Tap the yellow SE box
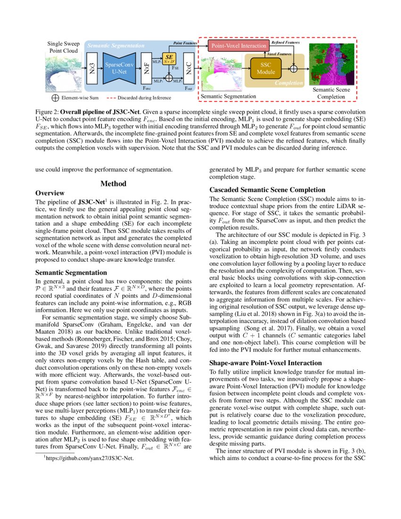pyautogui.click(x=169, y=59)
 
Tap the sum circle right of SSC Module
pyautogui.click(x=294, y=68)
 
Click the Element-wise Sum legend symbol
pyautogui.click(x=55, y=98)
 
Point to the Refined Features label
pyautogui.click(x=285, y=42)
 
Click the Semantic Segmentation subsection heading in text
pyautogui.click(x=71, y=273)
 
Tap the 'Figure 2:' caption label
pyautogui.click(x=47, y=112)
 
